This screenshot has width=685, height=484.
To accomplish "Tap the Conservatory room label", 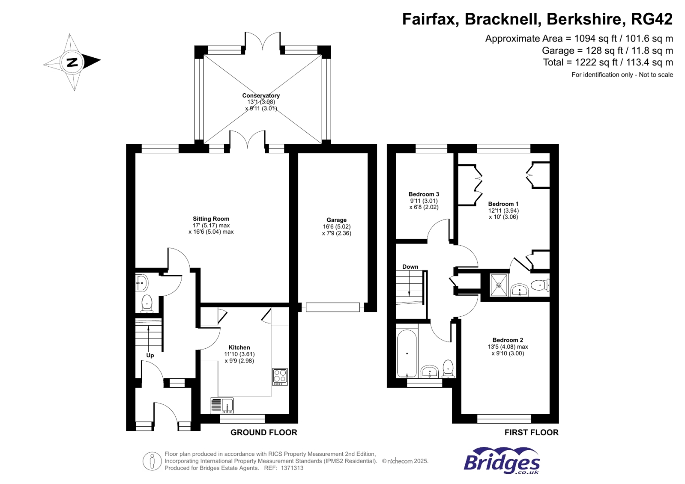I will [261, 95].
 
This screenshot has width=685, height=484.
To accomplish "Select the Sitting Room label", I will [211, 219].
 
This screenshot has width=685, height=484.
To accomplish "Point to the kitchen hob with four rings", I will [280, 376].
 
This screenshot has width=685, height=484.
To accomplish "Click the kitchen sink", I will [222, 405].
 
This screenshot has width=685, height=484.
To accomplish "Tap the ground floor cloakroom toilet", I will [147, 303].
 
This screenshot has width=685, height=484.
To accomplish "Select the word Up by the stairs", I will [150, 356].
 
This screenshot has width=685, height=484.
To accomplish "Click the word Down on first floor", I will [410, 267].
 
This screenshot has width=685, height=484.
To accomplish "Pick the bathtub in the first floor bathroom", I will [407, 353].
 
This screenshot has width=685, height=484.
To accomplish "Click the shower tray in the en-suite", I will [499, 285].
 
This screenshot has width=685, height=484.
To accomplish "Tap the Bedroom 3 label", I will [424, 194].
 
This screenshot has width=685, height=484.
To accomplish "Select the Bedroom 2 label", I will [508, 340].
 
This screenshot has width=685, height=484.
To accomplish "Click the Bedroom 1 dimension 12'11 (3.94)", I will [503, 211].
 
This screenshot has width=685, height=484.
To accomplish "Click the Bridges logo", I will [502, 461].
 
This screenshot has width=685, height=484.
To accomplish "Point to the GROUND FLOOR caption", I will [264, 433].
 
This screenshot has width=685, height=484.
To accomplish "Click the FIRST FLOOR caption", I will [531, 433].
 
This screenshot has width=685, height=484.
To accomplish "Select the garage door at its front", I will [333, 307].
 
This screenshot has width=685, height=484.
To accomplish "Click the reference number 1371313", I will [292, 468].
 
